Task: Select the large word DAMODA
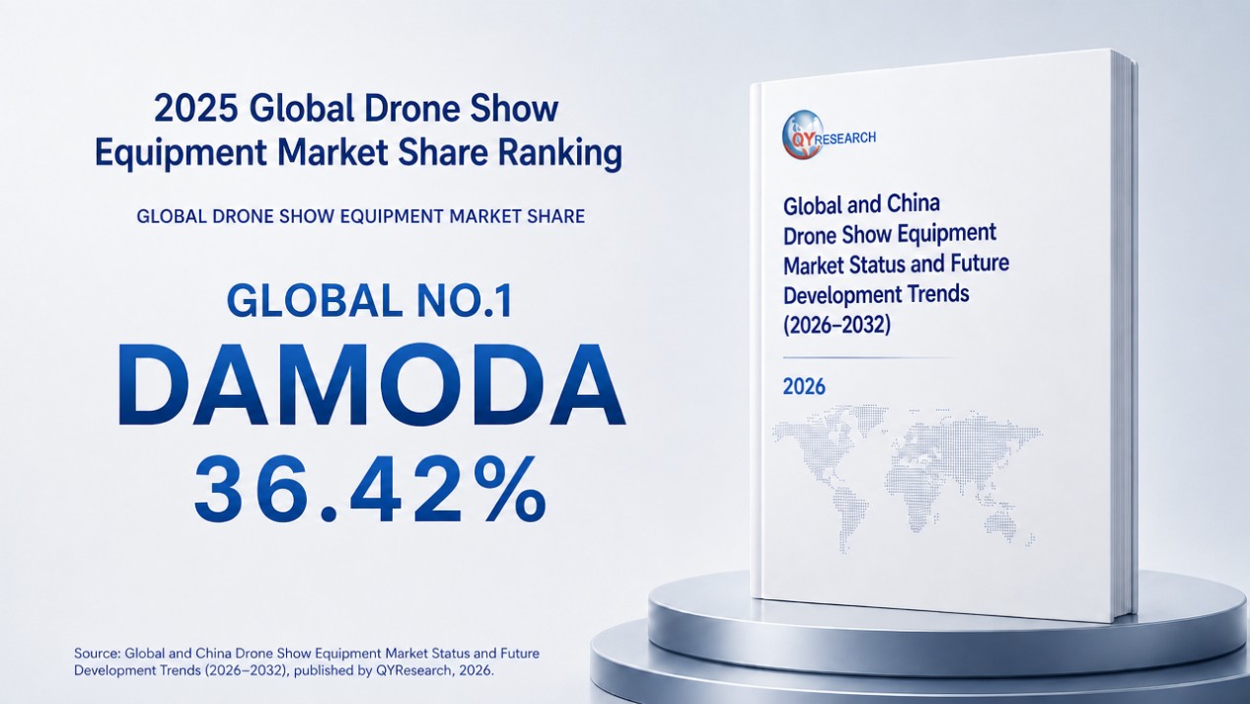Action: click(x=371, y=385)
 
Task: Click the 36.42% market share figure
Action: click(x=369, y=490)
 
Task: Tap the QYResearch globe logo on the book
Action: click(x=802, y=134)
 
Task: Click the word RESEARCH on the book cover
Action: click(x=846, y=137)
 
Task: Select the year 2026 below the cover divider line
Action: click(x=803, y=386)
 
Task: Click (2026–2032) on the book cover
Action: click(x=837, y=325)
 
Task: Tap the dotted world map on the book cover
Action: click(x=908, y=476)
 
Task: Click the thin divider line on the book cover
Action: click(x=870, y=357)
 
